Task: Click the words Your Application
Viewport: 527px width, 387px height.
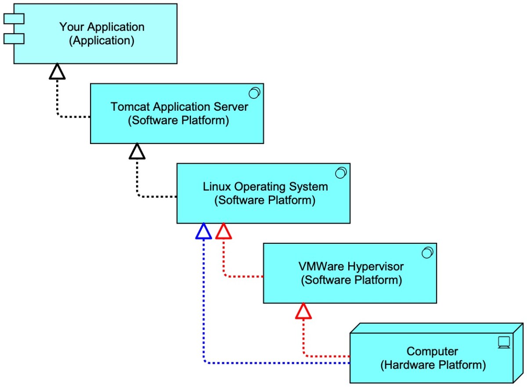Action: pos(101,27)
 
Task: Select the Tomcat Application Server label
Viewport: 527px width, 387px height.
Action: pos(179,107)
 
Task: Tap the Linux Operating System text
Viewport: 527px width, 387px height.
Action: pos(265,186)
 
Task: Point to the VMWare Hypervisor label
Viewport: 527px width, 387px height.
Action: pos(351,266)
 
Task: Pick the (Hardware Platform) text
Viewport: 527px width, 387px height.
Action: pos(433,365)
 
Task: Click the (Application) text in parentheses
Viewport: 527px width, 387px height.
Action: pos(101,41)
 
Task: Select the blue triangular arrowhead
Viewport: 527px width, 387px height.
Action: pos(204,231)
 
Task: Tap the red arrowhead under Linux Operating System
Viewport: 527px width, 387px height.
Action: pos(224,231)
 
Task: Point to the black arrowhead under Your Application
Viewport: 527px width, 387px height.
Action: pos(57,72)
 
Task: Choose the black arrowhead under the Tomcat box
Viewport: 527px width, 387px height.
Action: pos(137,152)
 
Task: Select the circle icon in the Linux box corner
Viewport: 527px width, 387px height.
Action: pos(341,173)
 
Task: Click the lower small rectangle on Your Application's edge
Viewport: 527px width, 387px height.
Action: pos(14,39)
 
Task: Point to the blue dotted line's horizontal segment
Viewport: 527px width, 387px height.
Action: pos(277,363)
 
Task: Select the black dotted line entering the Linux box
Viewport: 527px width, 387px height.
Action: pos(158,196)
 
